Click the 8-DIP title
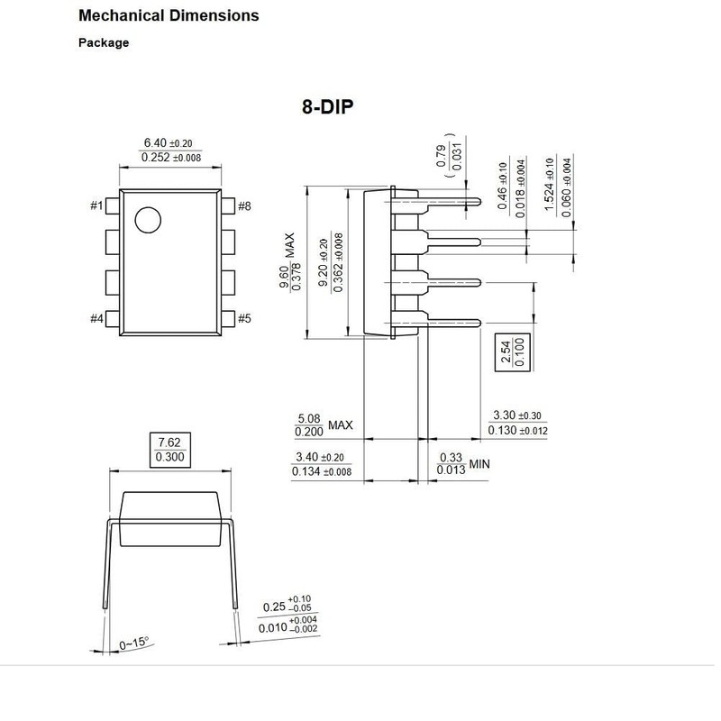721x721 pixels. pyautogui.click(x=327, y=106)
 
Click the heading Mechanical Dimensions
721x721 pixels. pyautogui.click(x=169, y=15)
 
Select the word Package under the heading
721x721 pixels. pyautogui.click(x=104, y=42)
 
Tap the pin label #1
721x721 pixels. pyautogui.click(x=97, y=206)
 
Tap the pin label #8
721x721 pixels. pyautogui.click(x=244, y=206)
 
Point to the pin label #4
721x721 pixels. pyautogui.click(x=97, y=318)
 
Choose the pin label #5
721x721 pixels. pyautogui.click(x=244, y=318)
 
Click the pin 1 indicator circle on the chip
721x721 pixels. pyautogui.click(x=146, y=219)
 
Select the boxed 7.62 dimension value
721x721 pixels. pyautogui.click(x=169, y=443)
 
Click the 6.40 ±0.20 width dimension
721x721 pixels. pyautogui.click(x=168, y=142)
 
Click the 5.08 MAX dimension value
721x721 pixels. pyautogui.click(x=309, y=417)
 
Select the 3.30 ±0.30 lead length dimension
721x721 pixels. pyautogui.click(x=517, y=415)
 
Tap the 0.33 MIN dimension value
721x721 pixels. pyautogui.click(x=450, y=458)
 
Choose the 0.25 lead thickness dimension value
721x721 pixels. pyautogui.click(x=273, y=607)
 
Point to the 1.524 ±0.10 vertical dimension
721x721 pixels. pyautogui.click(x=549, y=184)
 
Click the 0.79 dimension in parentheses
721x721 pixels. pyautogui.click(x=441, y=155)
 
